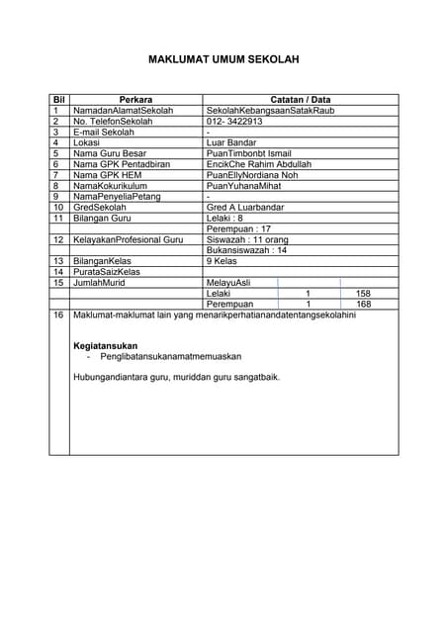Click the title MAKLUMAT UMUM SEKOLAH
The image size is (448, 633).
pyautogui.click(x=224, y=60)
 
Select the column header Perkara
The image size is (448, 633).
pyautogui.click(x=135, y=100)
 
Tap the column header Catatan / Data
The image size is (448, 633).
pyautogui.click(x=301, y=100)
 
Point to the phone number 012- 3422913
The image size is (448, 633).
pyautogui.click(x=233, y=121)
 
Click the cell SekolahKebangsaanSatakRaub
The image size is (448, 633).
pyautogui.click(x=270, y=111)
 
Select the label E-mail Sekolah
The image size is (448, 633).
pyautogui.click(x=104, y=132)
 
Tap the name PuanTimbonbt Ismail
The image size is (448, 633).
pyautogui.click(x=248, y=153)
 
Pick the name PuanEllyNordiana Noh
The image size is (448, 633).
pyautogui.click(x=252, y=175)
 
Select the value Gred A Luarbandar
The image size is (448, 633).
pyautogui.click(x=244, y=207)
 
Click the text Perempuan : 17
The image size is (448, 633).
pyautogui.click(x=238, y=228)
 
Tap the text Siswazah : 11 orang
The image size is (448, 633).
pyautogui.click(x=246, y=239)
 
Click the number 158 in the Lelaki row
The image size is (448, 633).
pyautogui.click(x=363, y=294)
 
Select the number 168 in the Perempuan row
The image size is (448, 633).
pyautogui.click(x=363, y=305)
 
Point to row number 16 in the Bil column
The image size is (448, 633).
pyautogui.click(x=57, y=315)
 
